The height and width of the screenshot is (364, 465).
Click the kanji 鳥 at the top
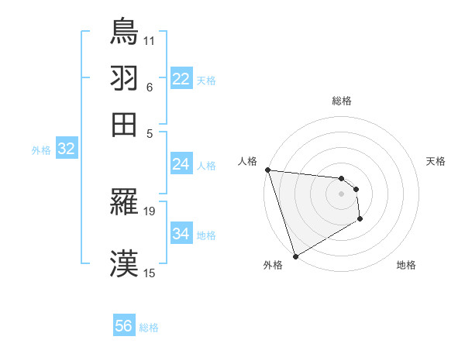tap(124, 31)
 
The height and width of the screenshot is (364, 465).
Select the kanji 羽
tap(124, 77)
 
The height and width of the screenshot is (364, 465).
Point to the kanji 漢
tap(124, 264)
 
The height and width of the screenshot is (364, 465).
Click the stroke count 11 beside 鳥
tap(150, 39)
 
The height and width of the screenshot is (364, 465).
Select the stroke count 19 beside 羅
tap(150, 211)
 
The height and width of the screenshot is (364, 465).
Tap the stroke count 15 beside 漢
tap(150, 272)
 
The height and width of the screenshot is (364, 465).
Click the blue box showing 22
tap(181, 79)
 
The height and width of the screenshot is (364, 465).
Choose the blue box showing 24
tap(181, 164)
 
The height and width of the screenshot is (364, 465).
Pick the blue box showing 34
tap(181, 234)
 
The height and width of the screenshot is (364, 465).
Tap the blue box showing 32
tap(66, 149)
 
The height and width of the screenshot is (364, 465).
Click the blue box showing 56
tap(124, 326)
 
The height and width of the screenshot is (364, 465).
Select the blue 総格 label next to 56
tap(150, 328)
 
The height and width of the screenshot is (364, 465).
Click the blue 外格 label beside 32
tap(41, 150)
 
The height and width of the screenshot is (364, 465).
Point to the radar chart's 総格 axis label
tap(341, 101)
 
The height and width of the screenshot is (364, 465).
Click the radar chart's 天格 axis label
tap(436, 161)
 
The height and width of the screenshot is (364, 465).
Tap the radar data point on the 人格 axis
tap(267, 170)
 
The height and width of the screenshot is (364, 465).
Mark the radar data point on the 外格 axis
tap(295, 256)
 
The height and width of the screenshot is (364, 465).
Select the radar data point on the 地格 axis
tap(360, 219)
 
